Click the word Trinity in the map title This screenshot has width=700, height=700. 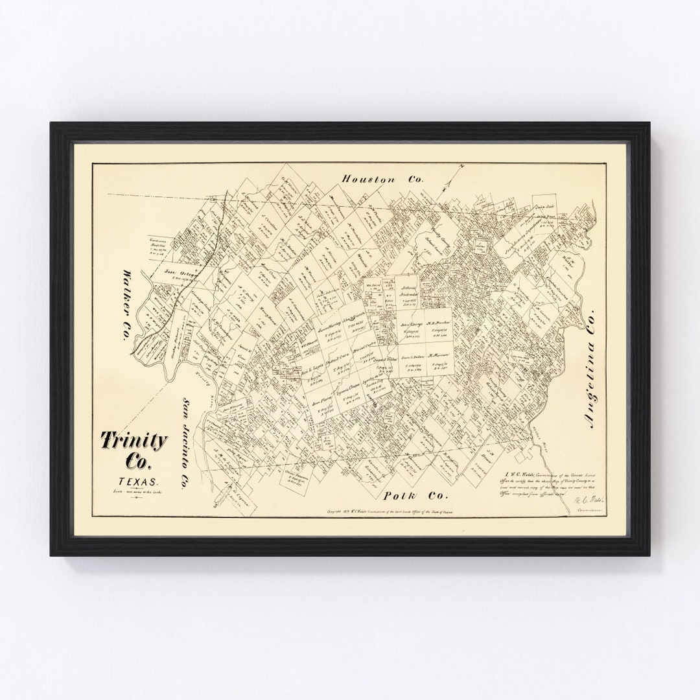tap(134, 441)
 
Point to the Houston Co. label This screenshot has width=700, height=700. tap(382, 179)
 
